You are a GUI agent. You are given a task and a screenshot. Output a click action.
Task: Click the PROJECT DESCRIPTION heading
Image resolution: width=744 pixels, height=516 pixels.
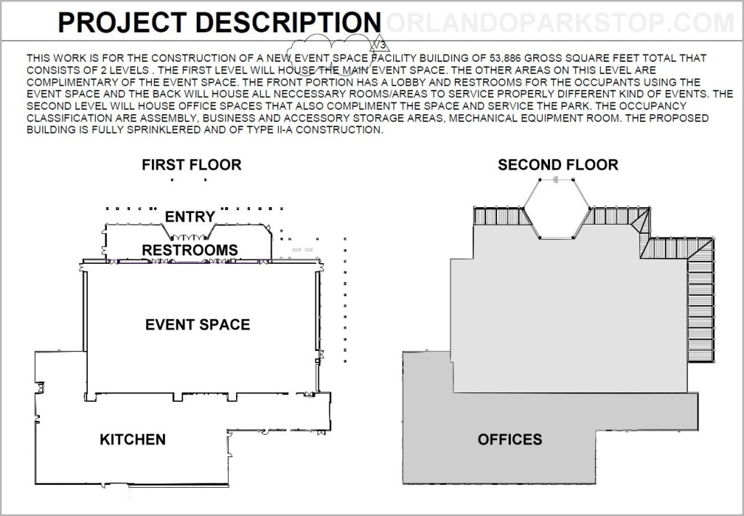pos(219,23)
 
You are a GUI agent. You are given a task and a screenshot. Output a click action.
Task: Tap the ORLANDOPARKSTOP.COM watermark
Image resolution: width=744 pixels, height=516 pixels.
pos(560,23)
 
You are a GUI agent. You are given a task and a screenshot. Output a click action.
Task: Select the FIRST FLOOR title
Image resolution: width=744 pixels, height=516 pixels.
pos(192,165)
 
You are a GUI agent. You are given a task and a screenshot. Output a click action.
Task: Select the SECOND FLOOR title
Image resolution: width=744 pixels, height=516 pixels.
pos(558,165)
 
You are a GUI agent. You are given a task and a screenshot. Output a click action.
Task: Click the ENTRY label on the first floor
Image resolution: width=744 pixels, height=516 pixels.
pos(190,217)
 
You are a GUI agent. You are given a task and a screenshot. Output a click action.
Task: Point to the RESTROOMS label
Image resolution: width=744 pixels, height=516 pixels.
pos(190,250)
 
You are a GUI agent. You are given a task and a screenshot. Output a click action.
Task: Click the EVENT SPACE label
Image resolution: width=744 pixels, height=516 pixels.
pos(198,324)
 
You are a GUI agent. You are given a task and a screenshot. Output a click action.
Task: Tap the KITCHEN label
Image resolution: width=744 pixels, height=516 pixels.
pos(133,439)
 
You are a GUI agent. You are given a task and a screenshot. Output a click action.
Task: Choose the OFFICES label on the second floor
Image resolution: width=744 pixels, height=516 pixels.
pos(509,439)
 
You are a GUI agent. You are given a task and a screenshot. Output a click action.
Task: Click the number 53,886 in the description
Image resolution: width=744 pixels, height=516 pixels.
pos(505,58)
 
